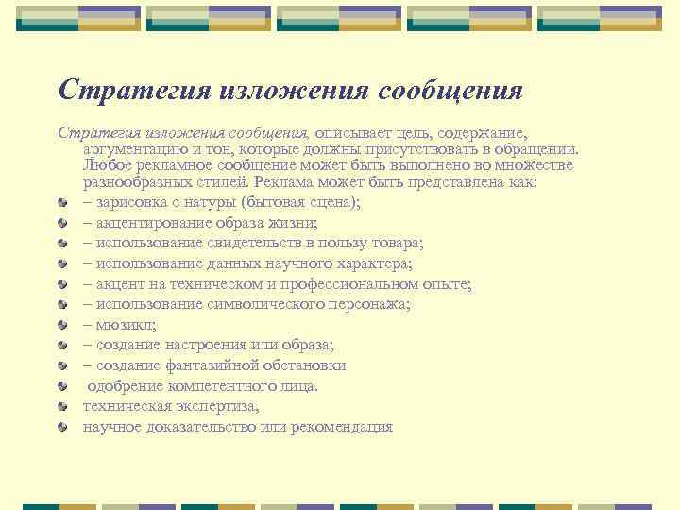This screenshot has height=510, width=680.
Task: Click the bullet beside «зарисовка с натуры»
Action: tap(62, 204)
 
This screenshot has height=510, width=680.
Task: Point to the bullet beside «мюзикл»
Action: tap(62, 325)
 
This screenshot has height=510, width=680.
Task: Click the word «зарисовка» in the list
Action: tap(127, 203)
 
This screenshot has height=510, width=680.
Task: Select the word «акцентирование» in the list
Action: tap(147, 223)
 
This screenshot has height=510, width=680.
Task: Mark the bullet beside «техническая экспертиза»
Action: tap(62, 406)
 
